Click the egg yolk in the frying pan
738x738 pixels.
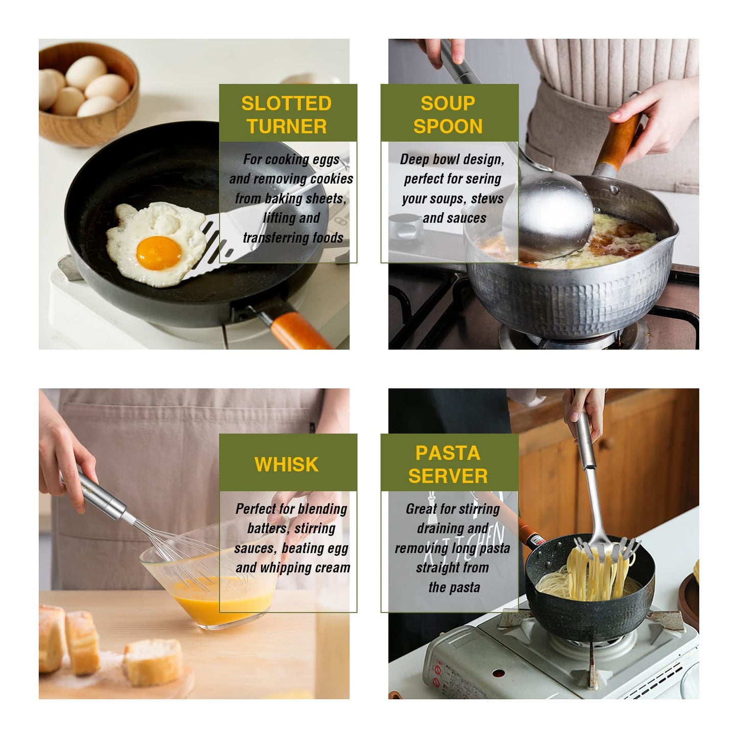pos(158,253)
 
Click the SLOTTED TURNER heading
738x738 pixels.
pos(287,114)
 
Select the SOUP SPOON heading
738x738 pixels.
pos(448,114)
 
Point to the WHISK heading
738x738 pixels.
pos(287,464)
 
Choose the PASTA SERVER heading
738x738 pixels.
pos(448,464)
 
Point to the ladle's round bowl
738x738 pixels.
pos(549,215)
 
